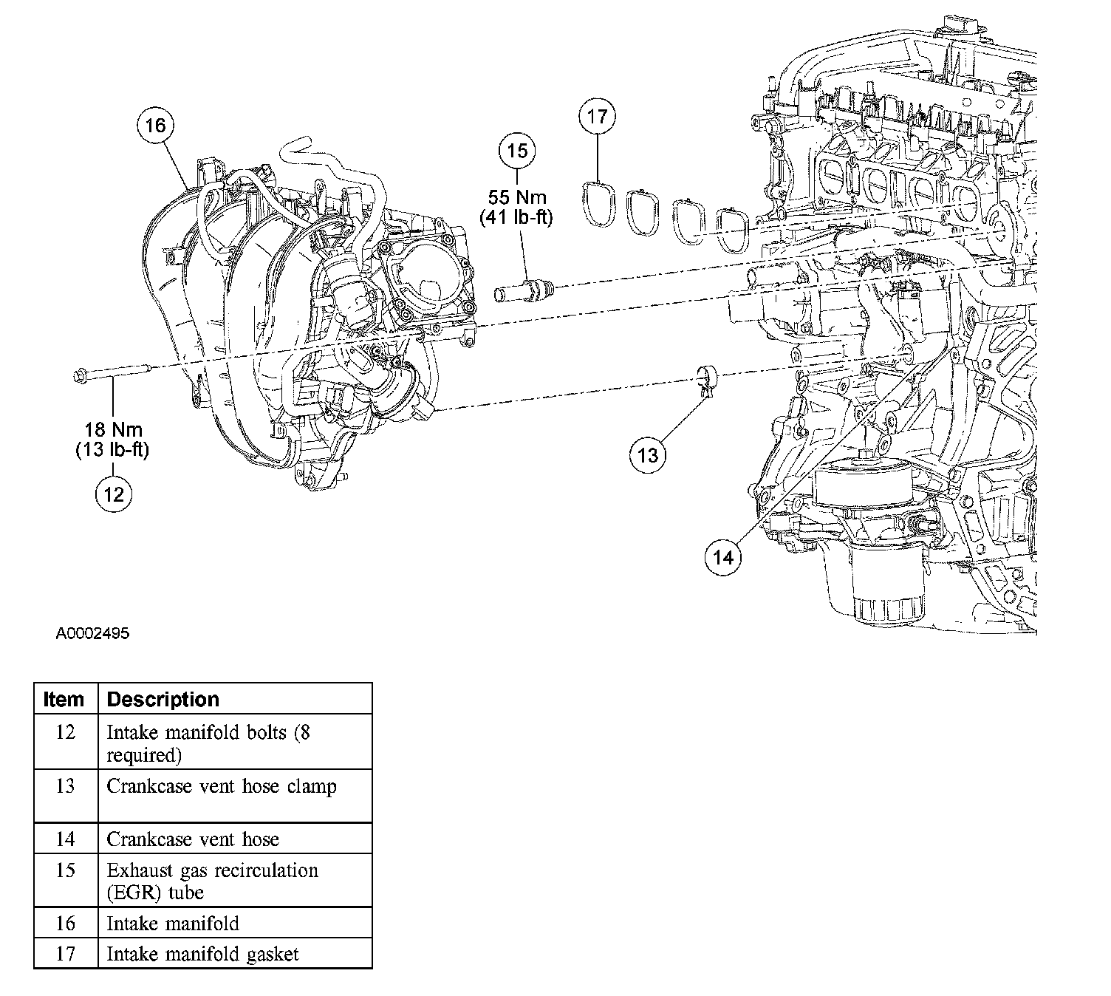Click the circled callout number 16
pyautogui.click(x=155, y=126)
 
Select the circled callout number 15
pyautogui.click(x=517, y=151)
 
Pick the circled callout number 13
pyautogui.click(x=648, y=455)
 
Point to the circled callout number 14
pyautogui.click(x=723, y=556)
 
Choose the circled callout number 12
pyautogui.click(x=114, y=494)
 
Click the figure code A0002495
pyautogui.click(x=92, y=634)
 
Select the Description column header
pyautogui.click(x=163, y=699)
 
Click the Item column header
pyautogui.click(x=64, y=699)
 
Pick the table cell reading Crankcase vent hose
pyautogui.click(x=193, y=839)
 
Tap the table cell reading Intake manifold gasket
pyautogui.click(x=202, y=954)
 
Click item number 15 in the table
pyautogui.click(x=65, y=870)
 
